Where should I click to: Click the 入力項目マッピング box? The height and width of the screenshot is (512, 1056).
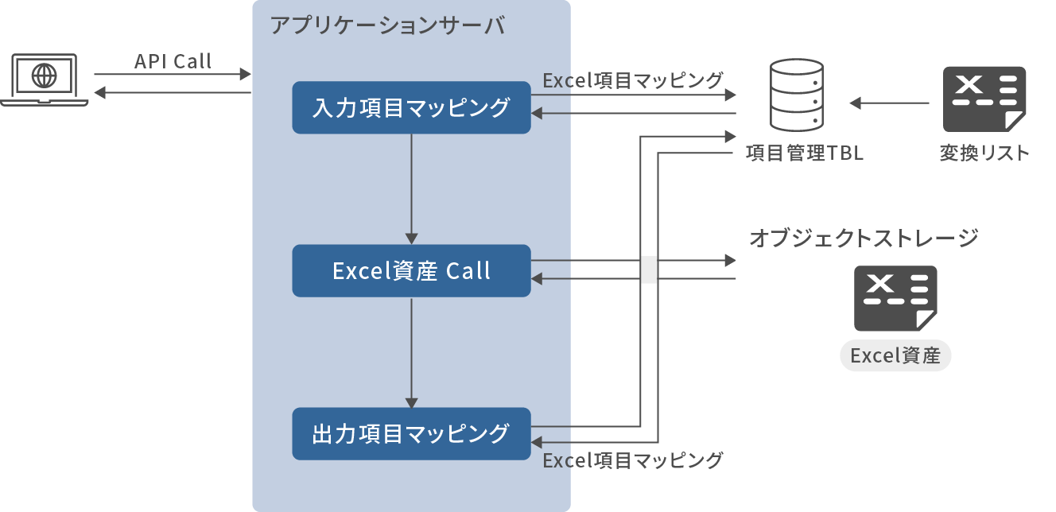coord(411,107)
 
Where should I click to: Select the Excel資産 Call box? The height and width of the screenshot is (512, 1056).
coord(411,271)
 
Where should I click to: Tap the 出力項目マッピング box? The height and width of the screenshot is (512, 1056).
coord(411,434)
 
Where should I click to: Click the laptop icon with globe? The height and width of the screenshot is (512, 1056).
coord(45,79)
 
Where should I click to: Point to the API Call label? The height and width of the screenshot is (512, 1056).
coord(173,61)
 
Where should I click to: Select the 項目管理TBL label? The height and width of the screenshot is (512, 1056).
coord(804,153)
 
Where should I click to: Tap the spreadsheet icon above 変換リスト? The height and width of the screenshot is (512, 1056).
coord(984,99)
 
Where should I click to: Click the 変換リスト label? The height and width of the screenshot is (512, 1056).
coord(984,153)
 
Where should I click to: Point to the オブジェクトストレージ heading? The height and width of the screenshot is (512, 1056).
coord(864,238)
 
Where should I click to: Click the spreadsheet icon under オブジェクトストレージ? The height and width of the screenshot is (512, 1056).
coord(895,299)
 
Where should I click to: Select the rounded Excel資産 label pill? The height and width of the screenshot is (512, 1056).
coord(895,356)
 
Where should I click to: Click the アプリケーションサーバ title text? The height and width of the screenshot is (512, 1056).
coord(387,25)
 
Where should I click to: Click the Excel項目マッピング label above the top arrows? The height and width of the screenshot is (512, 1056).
coord(633,80)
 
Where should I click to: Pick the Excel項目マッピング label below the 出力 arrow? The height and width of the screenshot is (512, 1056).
coord(633,460)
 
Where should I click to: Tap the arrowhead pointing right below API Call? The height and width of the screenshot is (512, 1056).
coord(245,75)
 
